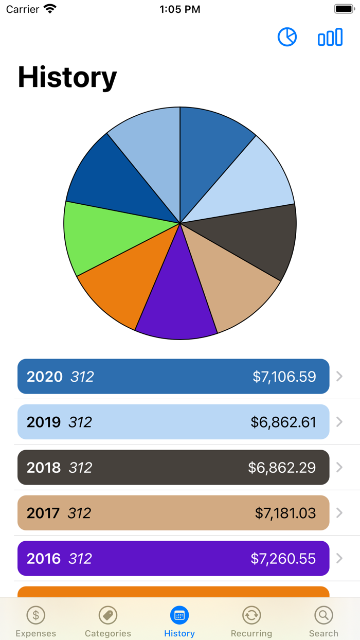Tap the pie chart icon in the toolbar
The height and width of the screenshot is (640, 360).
(x=287, y=37)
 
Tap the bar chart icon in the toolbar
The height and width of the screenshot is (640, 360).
(x=330, y=37)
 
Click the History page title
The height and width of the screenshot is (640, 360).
(x=67, y=77)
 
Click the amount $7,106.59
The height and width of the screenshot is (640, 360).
(x=284, y=377)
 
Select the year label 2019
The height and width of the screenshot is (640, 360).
(x=44, y=422)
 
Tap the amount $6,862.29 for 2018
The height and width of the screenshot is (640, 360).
(x=282, y=468)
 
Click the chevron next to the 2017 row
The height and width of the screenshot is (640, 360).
(x=339, y=513)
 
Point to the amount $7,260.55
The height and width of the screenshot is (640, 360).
(x=283, y=559)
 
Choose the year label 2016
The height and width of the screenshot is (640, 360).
(x=44, y=559)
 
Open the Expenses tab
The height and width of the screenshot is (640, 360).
(x=36, y=621)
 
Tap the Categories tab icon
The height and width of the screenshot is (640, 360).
(x=108, y=615)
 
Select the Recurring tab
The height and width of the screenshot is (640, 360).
(x=251, y=621)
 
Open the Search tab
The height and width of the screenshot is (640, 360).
(x=323, y=621)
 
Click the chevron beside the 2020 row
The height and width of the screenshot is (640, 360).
(x=339, y=377)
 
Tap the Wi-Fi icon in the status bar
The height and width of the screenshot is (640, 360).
(x=50, y=9)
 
